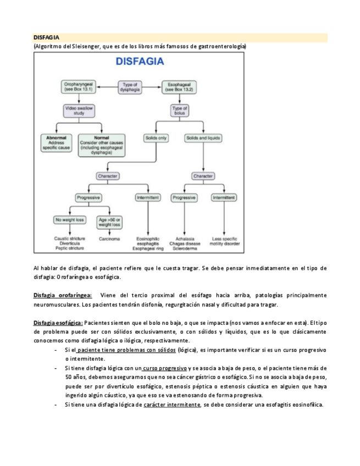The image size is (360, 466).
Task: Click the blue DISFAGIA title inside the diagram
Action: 140,62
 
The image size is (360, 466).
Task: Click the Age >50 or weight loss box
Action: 109,221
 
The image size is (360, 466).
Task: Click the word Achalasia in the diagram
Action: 184,239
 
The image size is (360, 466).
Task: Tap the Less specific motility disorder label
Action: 225,241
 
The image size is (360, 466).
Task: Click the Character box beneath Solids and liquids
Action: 203,176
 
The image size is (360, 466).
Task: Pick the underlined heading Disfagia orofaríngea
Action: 63,296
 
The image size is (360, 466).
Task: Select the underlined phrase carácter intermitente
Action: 172,405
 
